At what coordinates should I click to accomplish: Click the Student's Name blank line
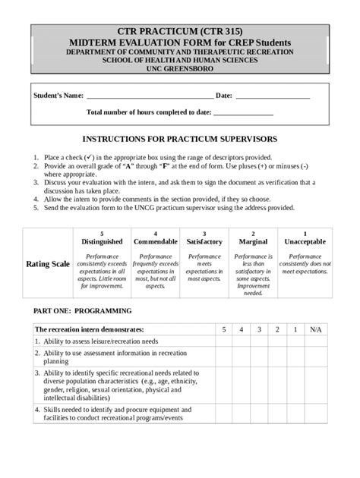(150, 97)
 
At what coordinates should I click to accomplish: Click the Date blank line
(273, 97)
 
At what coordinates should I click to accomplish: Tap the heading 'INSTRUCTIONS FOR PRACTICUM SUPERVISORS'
(180, 140)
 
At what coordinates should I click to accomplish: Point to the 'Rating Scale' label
(48, 264)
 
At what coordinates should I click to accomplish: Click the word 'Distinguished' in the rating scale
(102, 241)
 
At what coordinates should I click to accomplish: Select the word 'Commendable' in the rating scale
(155, 241)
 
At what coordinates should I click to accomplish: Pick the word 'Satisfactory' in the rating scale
(204, 241)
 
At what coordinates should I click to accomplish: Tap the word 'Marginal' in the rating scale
(253, 241)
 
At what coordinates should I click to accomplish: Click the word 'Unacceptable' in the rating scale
(305, 241)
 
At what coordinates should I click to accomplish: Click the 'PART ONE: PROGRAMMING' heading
(81, 311)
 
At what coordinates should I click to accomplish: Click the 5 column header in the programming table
(223, 330)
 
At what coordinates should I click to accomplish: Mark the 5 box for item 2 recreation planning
(223, 357)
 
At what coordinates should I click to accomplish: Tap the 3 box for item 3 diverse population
(259, 387)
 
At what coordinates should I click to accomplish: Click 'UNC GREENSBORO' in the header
(180, 68)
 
